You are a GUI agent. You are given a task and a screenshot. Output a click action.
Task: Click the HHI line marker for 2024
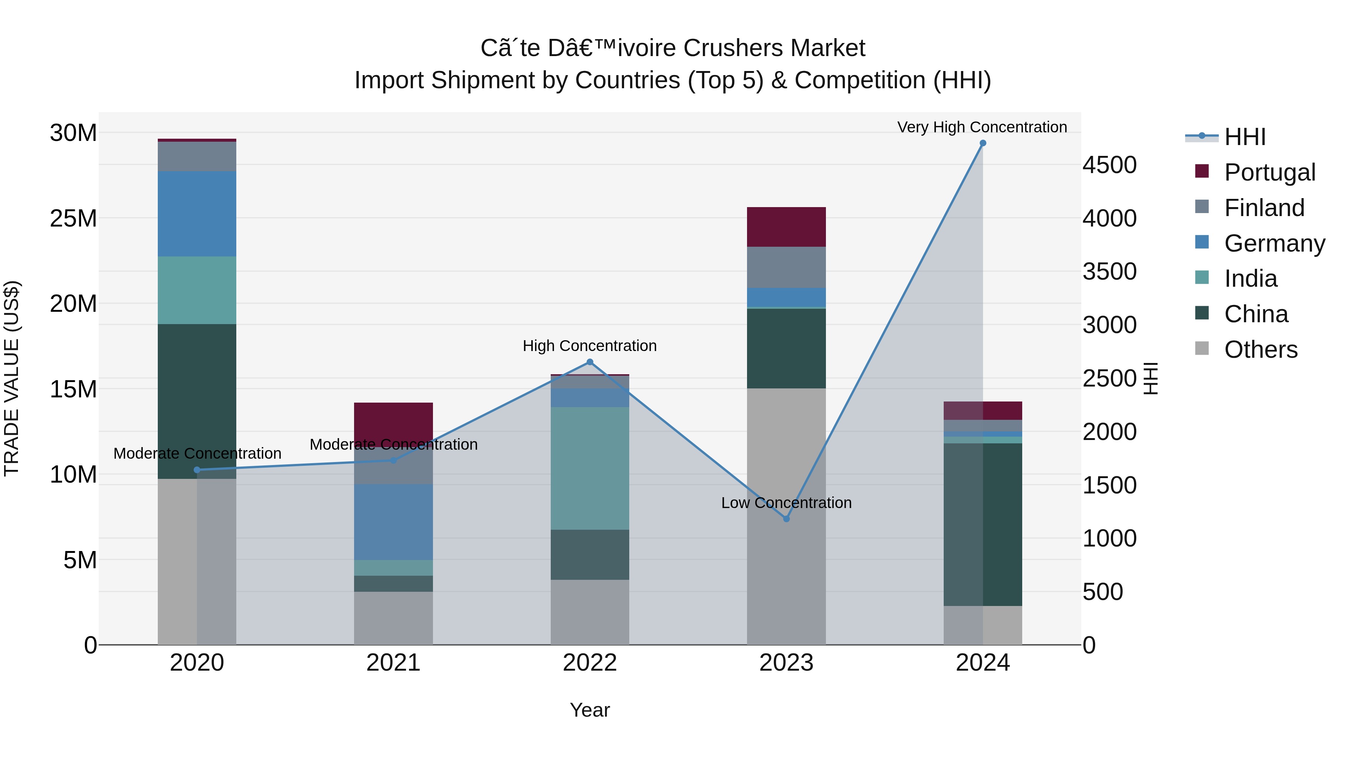[x=982, y=143]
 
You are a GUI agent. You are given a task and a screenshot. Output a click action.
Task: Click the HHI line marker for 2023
[x=786, y=519]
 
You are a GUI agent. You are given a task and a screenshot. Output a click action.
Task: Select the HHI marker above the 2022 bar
[x=589, y=361]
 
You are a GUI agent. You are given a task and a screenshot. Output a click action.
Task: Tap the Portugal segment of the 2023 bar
[x=786, y=227]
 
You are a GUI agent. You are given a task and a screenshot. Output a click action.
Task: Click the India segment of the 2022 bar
[x=589, y=468]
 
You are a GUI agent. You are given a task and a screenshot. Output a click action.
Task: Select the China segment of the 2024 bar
[x=982, y=524]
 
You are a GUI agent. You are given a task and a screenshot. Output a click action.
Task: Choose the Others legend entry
[x=1260, y=350]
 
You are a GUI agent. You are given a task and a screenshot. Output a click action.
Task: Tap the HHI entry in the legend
[x=1245, y=137]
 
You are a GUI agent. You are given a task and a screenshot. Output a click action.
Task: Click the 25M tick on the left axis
[x=73, y=218]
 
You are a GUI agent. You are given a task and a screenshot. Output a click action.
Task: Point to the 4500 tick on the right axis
[x=1109, y=165]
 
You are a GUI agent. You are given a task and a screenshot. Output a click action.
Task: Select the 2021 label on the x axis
[x=393, y=663]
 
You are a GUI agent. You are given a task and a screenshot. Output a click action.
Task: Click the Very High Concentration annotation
[x=982, y=127]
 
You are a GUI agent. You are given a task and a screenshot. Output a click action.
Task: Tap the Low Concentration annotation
[x=786, y=502]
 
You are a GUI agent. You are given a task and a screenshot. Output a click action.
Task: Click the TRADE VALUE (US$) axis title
[x=12, y=378]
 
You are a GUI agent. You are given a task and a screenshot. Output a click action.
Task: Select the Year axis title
[x=589, y=710]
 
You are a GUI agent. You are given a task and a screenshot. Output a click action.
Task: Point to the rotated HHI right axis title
[x=1150, y=378]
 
